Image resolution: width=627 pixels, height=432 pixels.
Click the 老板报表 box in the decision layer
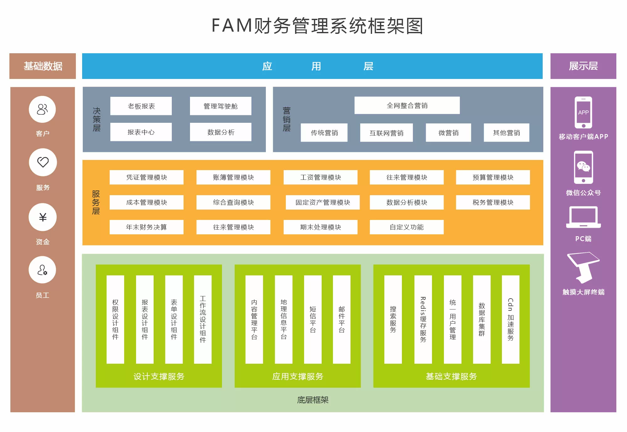tap(141, 106)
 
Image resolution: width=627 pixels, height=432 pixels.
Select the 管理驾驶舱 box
tap(220, 106)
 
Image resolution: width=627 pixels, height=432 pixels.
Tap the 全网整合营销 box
tap(407, 105)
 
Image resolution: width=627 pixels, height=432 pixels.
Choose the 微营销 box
tap(448, 133)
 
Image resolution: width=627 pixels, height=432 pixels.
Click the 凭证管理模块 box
tap(146, 177)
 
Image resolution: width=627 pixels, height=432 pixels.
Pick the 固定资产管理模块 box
tap(323, 202)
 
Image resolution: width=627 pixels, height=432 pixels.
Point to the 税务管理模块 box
tap(493, 202)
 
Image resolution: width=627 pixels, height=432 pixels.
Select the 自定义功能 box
tap(407, 227)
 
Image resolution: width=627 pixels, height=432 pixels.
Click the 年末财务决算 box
tap(146, 227)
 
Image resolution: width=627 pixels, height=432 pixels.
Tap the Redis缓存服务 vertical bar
tap(423, 320)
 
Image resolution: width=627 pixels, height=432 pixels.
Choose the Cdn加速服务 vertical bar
tap(510, 320)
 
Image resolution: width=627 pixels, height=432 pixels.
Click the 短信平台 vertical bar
tap(313, 320)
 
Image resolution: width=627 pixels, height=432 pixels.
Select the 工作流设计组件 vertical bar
tap(203, 320)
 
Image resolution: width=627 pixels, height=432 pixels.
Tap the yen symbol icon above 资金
tap(43, 217)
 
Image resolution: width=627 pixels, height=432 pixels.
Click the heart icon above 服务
tap(43, 162)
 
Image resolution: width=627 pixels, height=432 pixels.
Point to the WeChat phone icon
tap(583, 167)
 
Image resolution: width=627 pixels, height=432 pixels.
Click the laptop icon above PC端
tap(583, 217)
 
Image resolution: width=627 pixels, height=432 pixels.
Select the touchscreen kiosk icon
tap(583, 268)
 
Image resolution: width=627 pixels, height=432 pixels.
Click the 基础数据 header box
tap(43, 66)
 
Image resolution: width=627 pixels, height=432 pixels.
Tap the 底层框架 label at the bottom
tap(313, 400)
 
